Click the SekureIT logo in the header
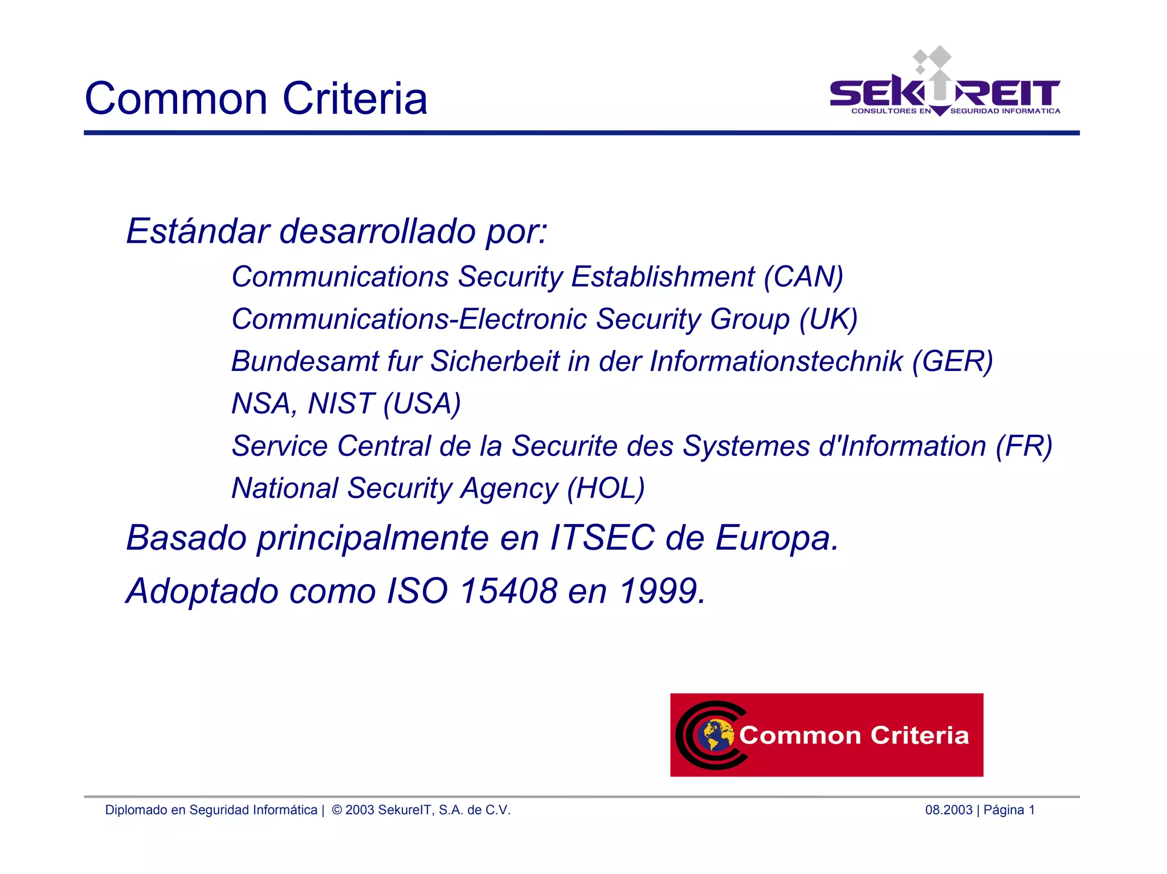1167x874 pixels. tap(944, 85)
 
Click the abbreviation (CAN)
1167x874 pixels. tap(803, 277)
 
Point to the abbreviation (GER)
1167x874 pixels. tap(952, 361)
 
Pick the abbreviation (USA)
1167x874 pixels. tap(422, 403)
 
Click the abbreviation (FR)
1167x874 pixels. tap(1023, 446)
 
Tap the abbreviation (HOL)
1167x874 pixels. tap(606, 488)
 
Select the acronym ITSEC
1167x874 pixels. tap(602, 537)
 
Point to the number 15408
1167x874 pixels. tap(508, 591)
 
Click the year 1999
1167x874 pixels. tap(662, 591)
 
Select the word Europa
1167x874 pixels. tap(777, 537)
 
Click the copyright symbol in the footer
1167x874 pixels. tap(337, 810)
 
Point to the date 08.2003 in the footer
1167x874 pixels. tap(949, 810)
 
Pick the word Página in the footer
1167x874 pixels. tap(1004, 810)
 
